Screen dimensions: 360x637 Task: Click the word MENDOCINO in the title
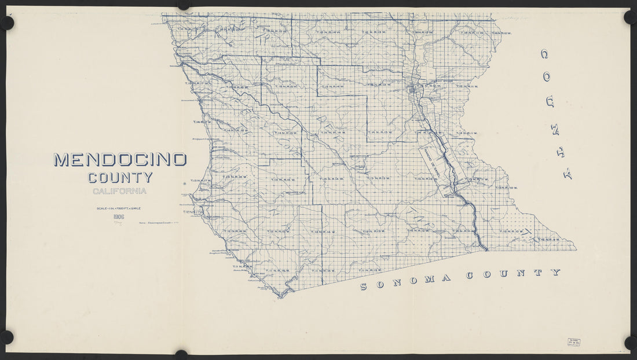click(x=120, y=160)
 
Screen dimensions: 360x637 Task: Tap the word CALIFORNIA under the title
click(x=120, y=191)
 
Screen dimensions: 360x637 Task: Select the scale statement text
click(x=120, y=208)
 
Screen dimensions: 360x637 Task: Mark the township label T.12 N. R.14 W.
click(x=323, y=232)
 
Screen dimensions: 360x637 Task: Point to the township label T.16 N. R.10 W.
click(x=501, y=33)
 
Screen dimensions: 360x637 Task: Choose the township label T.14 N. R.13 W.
click(x=379, y=133)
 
